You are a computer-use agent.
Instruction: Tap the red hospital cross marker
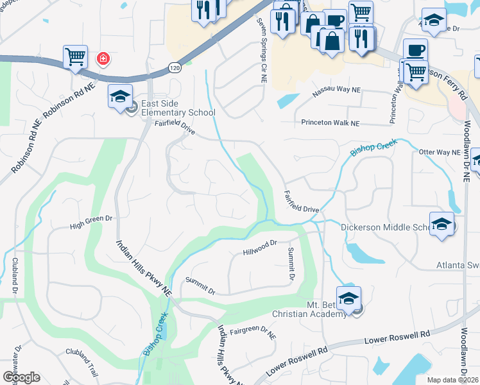pos(102,60)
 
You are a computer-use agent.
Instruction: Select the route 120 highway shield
pos(173,67)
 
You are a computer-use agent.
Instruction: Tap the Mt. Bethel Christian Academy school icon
pos(348,298)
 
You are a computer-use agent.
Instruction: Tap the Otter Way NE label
pos(440,152)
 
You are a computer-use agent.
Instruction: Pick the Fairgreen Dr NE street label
pos(253,333)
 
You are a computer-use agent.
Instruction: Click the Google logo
pos(21,377)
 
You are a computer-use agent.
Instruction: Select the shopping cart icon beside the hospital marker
pos(76,57)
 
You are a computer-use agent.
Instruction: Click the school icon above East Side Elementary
pos(121,96)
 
